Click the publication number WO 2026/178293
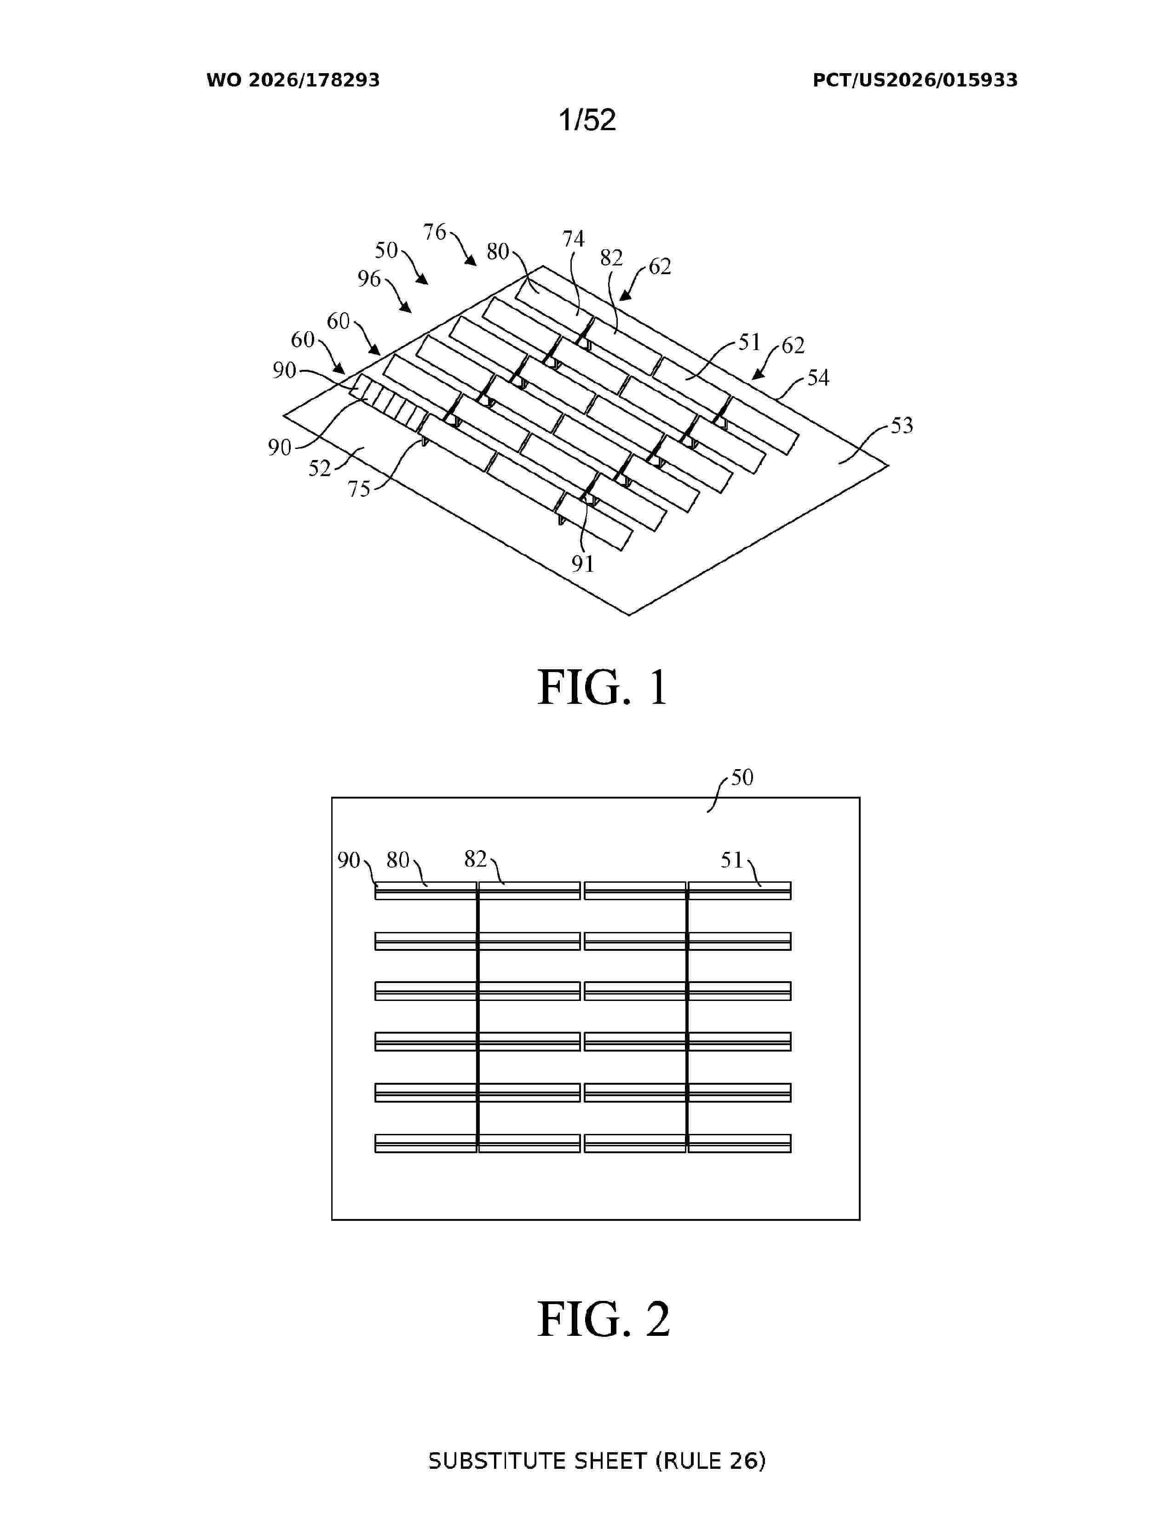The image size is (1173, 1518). pyautogui.click(x=293, y=80)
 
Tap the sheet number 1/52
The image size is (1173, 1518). pyautogui.click(x=587, y=120)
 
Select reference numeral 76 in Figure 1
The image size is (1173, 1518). pyautogui.click(x=434, y=232)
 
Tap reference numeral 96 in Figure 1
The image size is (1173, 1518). pyautogui.click(x=369, y=279)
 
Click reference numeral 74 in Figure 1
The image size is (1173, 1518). pyautogui.click(x=573, y=239)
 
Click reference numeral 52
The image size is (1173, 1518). pyautogui.click(x=320, y=468)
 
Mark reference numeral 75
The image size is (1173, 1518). pyautogui.click(x=359, y=489)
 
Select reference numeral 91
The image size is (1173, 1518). pyautogui.click(x=583, y=563)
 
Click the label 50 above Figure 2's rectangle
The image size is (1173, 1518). pyautogui.click(x=742, y=777)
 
